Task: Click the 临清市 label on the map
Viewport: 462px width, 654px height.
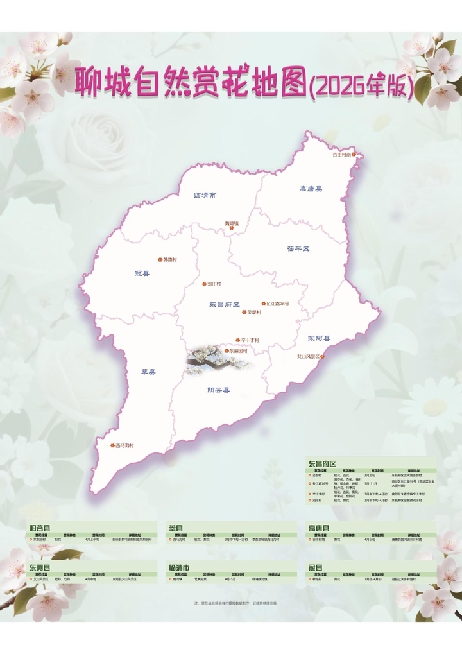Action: [x=205, y=194]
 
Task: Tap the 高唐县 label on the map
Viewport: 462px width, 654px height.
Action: [x=311, y=189]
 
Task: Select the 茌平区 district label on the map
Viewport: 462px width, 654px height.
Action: [x=298, y=248]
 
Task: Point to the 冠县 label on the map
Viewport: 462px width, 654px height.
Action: [x=142, y=273]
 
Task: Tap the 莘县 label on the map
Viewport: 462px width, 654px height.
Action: [x=149, y=372]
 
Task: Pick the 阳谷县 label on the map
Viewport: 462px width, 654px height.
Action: [x=219, y=390]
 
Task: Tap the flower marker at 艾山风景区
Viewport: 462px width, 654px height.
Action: [x=323, y=357]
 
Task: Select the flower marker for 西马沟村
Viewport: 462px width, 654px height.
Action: [x=111, y=445]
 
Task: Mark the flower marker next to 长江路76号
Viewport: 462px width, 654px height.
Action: [x=263, y=304]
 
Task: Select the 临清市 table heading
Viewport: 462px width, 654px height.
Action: [x=179, y=568]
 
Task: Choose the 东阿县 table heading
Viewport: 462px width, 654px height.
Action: [x=40, y=568]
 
